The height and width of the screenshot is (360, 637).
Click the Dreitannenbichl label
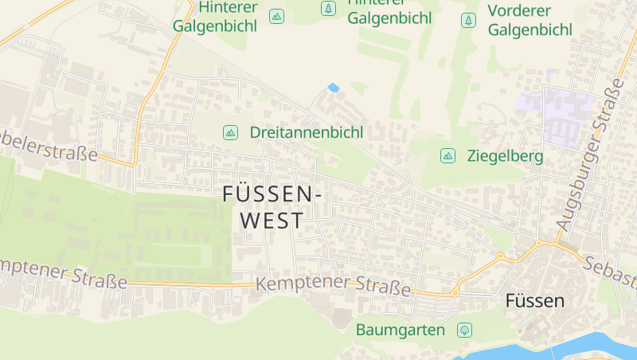point(306,132)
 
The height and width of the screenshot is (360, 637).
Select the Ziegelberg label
point(505,155)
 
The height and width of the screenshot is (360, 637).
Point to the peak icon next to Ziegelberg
point(447,155)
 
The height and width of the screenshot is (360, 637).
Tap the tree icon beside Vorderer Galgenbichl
point(469,20)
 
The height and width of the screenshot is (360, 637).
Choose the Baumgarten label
point(400,329)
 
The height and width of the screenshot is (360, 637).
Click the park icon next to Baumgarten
point(464,329)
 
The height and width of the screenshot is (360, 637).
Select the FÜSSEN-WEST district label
point(272,206)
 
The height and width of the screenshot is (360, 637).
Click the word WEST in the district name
point(272,221)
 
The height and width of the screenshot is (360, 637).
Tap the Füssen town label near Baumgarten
point(535,301)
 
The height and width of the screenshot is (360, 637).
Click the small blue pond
point(333,87)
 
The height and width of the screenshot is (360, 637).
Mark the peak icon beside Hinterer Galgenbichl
point(276,16)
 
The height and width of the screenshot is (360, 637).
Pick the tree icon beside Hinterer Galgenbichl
point(327,9)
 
